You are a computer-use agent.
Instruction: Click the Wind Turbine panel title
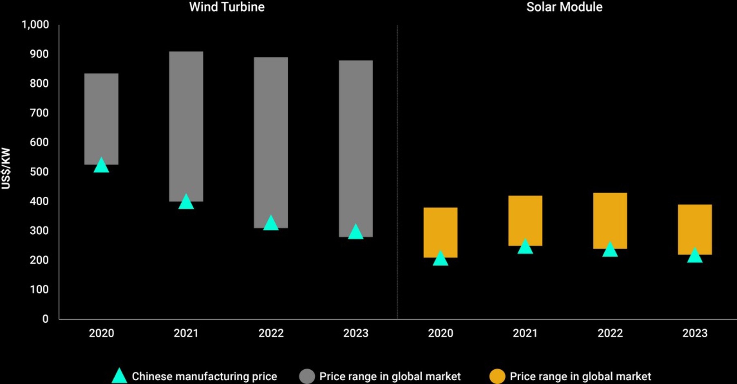(x=226, y=7)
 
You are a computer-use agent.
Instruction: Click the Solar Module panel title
(x=564, y=7)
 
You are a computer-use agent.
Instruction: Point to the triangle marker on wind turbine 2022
(x=271, y=223)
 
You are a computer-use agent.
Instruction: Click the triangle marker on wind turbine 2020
(x=101, y=166)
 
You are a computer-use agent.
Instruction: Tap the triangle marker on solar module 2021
(x=525, y=247)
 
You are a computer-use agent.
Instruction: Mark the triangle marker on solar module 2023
(x=694, y=256)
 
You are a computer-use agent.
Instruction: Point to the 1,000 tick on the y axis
(x=35, y=25)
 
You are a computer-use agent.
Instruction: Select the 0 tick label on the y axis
(x=45, y=319)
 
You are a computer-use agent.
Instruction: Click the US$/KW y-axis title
(x=6, y=168)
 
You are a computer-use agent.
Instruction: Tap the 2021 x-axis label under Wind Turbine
(x=186, y=333)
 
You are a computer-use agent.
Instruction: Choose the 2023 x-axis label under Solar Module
(x=694, y=333)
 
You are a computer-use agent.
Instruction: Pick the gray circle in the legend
(x=307, y=376)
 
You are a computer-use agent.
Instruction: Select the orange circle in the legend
(x=497, y=376)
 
